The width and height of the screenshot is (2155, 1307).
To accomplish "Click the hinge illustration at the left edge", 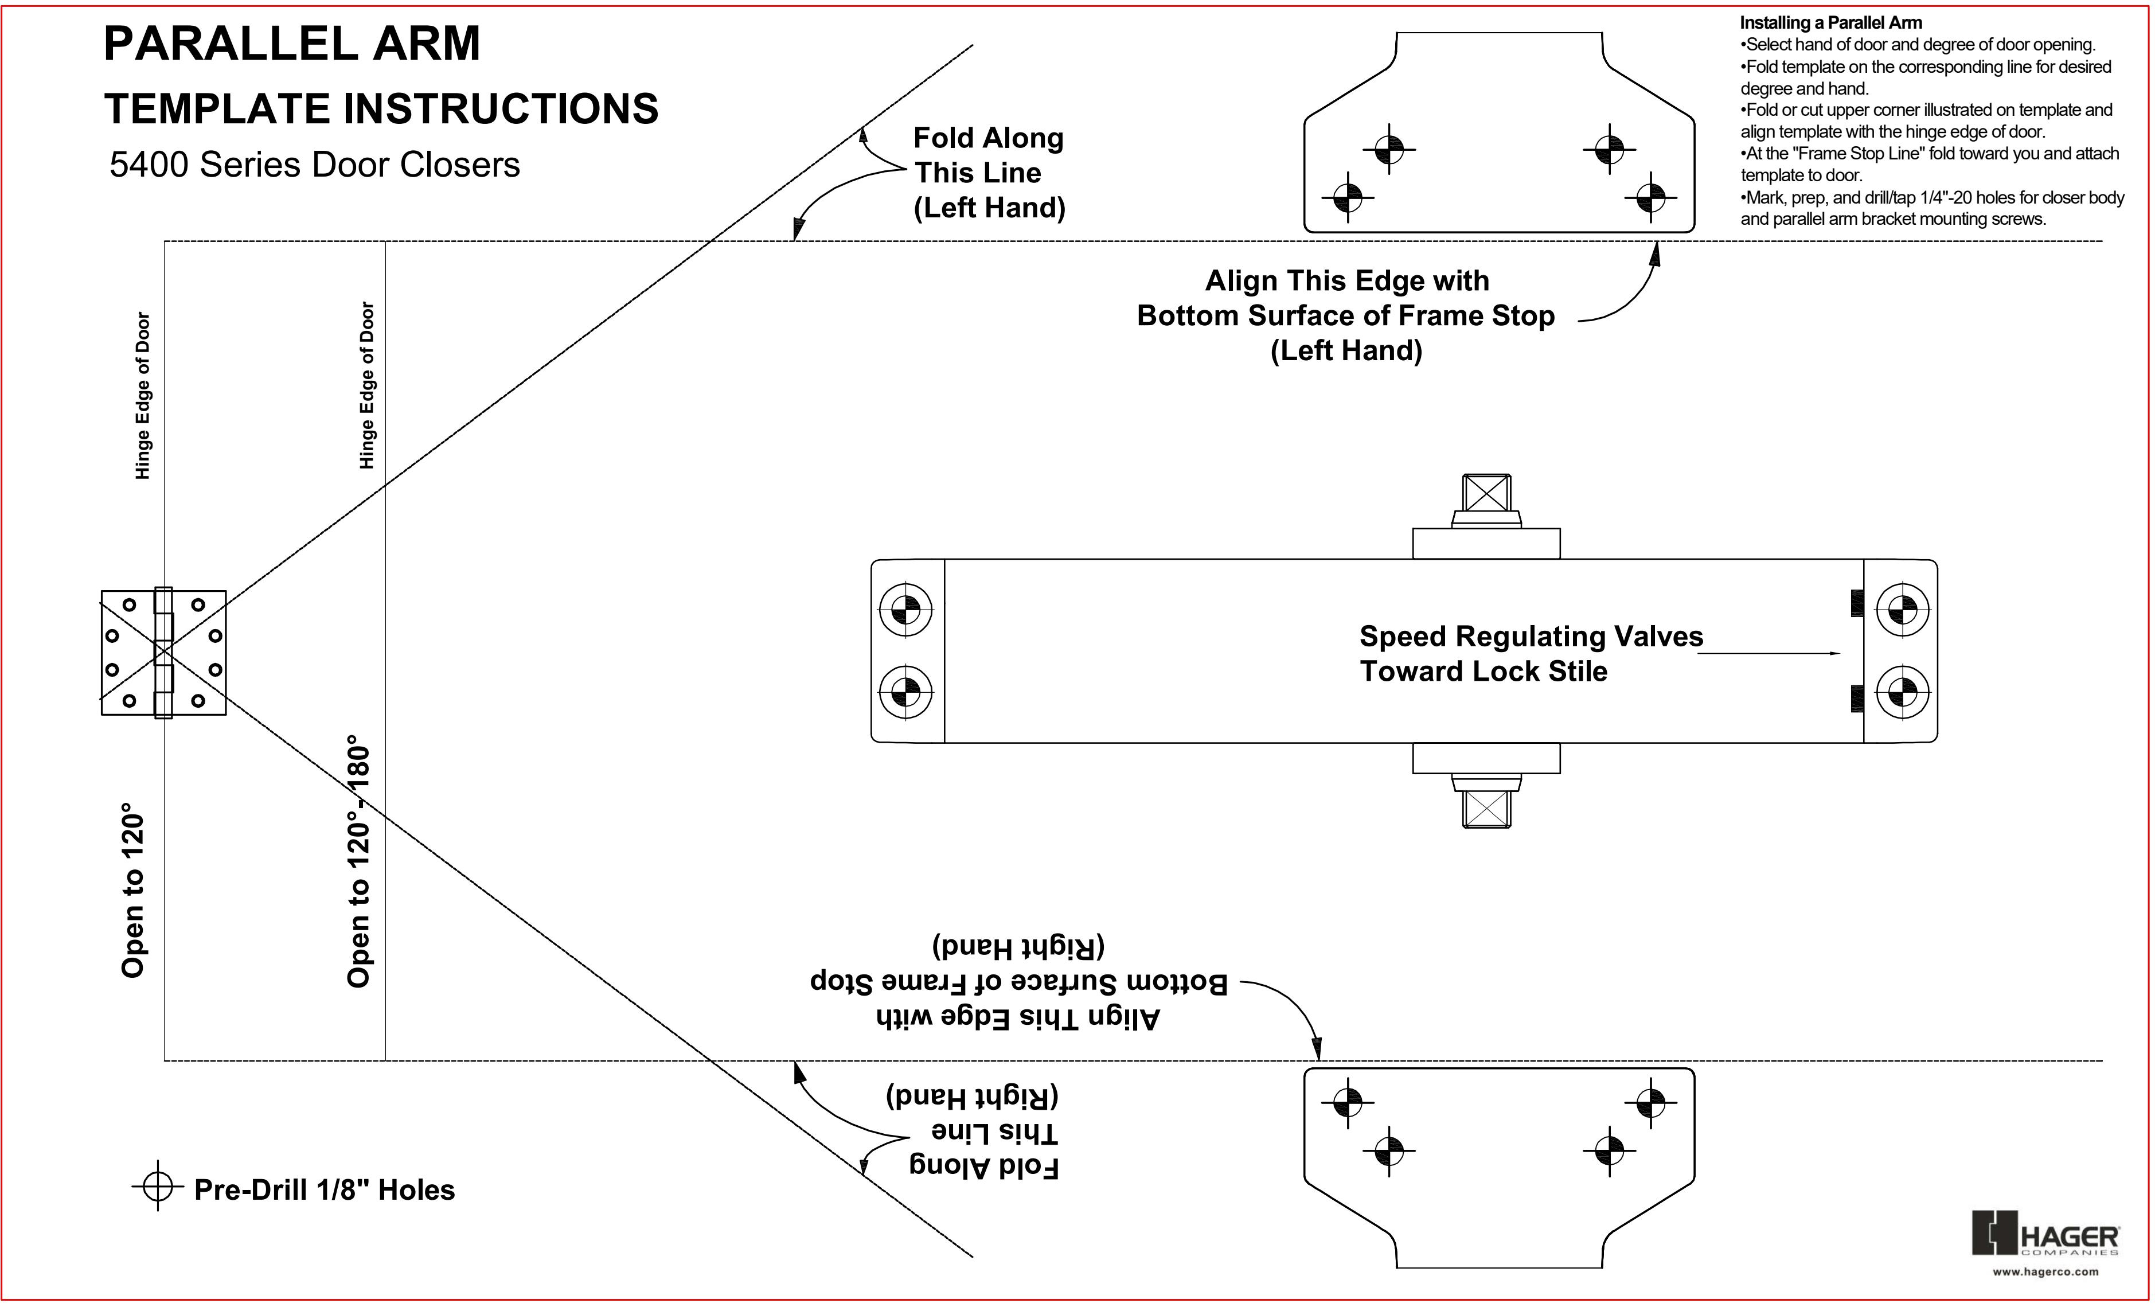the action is (163, 653).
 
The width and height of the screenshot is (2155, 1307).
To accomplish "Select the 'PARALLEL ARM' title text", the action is (292, 43).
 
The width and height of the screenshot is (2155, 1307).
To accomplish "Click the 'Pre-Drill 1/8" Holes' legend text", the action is (325, 1190).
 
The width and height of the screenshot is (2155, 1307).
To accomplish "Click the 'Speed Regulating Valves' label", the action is (1532, 636).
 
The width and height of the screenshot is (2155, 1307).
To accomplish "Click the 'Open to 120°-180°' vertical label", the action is (358, 866).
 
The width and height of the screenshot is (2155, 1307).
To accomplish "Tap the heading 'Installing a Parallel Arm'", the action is (1830, 23).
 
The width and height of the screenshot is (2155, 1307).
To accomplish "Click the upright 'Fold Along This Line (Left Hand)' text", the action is (989, 173).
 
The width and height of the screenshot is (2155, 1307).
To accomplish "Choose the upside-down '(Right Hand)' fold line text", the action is (973, 1095).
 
